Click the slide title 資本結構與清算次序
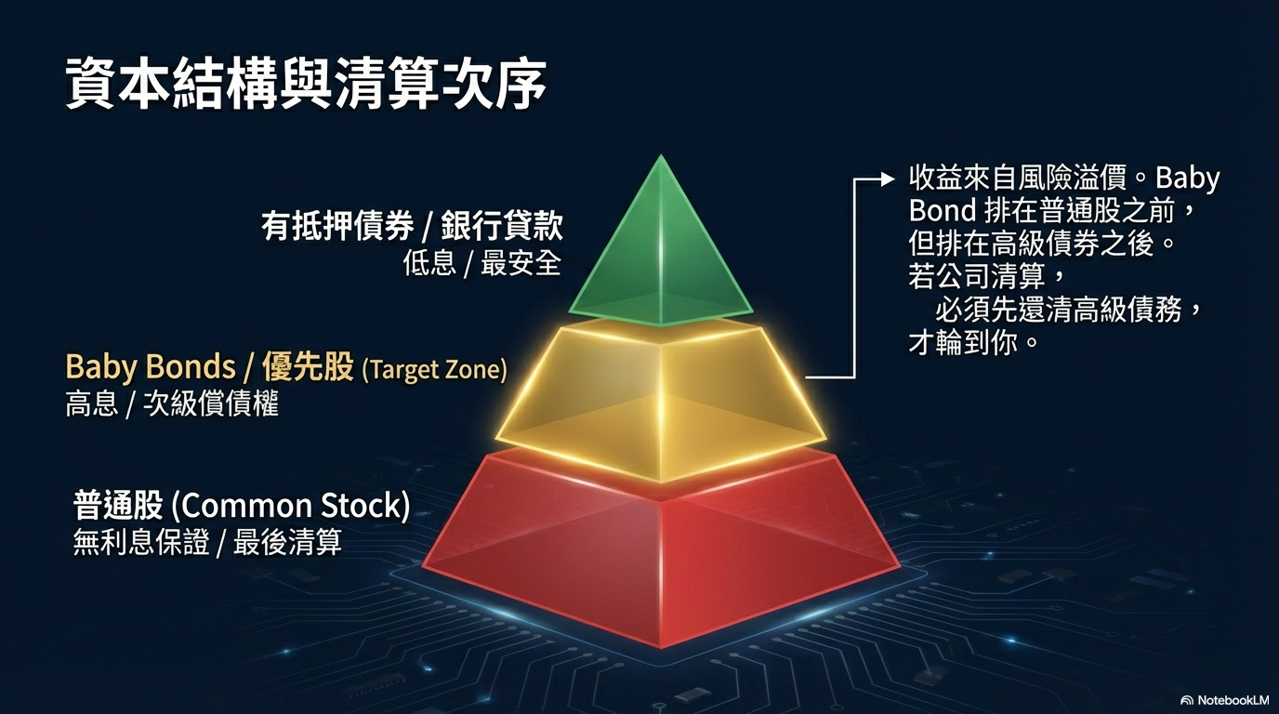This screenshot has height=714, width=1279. (x=306, y=83)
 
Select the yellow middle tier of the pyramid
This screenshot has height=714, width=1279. (x=661, y=400)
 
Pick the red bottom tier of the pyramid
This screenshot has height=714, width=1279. (x=661, y=549)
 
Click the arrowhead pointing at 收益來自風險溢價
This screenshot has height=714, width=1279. (x=888, y=179)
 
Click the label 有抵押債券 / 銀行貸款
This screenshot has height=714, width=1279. (x=413, y=226)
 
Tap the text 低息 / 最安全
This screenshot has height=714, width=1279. (x=481, y=263)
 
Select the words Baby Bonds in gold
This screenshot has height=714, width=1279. (x=151, y=366)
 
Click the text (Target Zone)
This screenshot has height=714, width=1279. (x=434, y=370)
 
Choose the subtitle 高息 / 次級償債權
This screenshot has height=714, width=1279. (x=172, y=403)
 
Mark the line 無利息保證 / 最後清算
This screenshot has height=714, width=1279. (x=208, y=542)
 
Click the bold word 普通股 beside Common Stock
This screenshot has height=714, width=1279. (x=118, y=506)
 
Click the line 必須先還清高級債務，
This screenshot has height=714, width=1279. (x=1069, y=311)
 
